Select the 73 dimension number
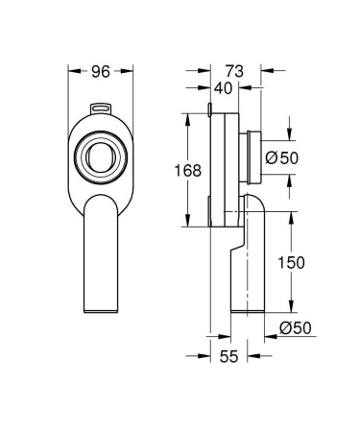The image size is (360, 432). (x=235, y=70)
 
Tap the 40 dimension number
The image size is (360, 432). (x=224, y=88)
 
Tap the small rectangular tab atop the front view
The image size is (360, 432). (x=99, y=109)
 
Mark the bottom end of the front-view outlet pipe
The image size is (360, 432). (x=101, y=308)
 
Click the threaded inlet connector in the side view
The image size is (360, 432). (x=251, y=155)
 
